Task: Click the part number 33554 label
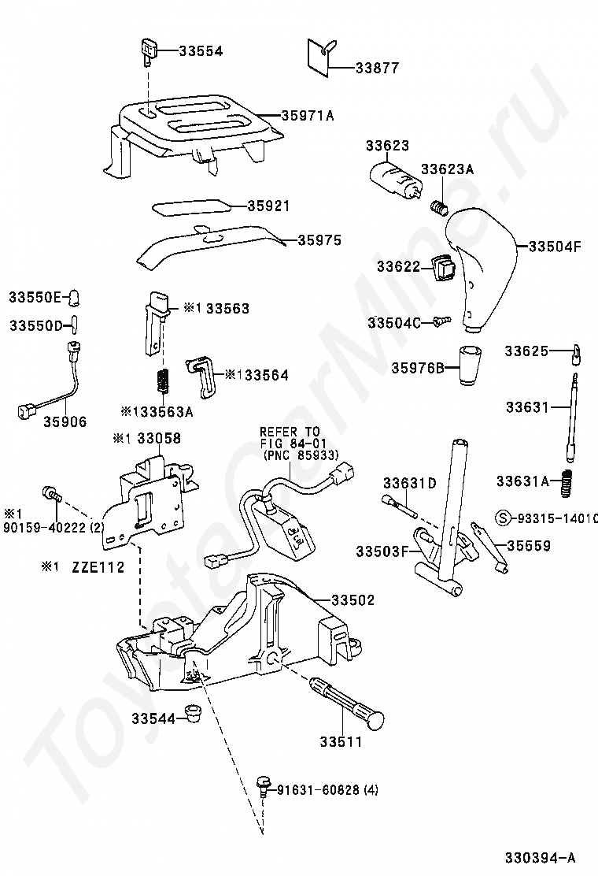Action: (201, 51)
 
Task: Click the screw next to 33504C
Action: (440, 321)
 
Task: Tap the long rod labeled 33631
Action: (573, 418)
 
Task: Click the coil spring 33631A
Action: (566, 483)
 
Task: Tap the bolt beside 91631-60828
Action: (264, 784)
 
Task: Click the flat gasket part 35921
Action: (190, 206)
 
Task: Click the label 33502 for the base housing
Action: (353, 600)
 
